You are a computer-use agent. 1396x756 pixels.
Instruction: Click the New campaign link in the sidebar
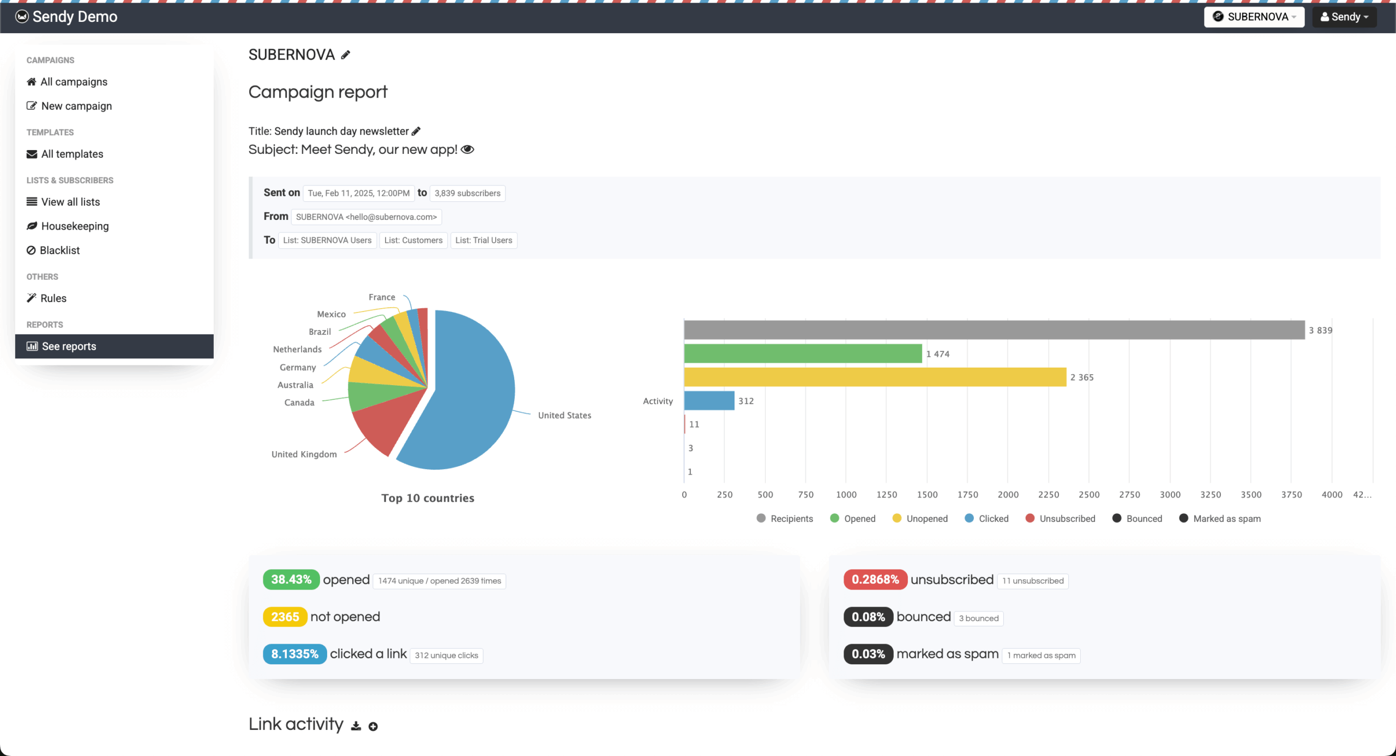[76, 106]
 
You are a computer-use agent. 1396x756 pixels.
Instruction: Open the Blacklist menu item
[59, 250]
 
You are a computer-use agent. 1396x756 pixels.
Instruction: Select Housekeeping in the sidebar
[75, 226]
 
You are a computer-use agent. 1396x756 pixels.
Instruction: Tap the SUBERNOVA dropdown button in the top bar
[1254, 17]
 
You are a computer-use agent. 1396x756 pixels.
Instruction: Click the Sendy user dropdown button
[1344, 17]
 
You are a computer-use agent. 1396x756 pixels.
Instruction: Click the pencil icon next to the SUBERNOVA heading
[346, 55]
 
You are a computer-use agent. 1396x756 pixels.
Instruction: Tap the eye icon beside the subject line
[467, 149]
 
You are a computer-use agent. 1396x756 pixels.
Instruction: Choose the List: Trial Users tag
[484, 241]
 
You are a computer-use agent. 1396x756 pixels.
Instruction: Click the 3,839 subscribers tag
[467, 193]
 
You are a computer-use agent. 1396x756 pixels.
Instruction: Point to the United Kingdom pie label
[304, 454]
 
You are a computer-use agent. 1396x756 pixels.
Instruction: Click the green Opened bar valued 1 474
[803, 353]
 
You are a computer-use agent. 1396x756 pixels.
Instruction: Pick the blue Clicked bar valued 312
[709, 400]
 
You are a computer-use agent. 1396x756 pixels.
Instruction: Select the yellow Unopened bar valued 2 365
[875, 377]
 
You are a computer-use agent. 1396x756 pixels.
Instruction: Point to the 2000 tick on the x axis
[1008, 495]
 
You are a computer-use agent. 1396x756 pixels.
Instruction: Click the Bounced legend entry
[1138, 519]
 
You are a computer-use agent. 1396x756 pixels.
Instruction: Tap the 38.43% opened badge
[291, 579]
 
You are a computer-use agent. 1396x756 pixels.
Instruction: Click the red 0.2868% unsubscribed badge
[875, 579]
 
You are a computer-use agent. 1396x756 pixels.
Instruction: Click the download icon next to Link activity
[356, 726]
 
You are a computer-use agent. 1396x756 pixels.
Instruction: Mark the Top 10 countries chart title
[428, 498]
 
